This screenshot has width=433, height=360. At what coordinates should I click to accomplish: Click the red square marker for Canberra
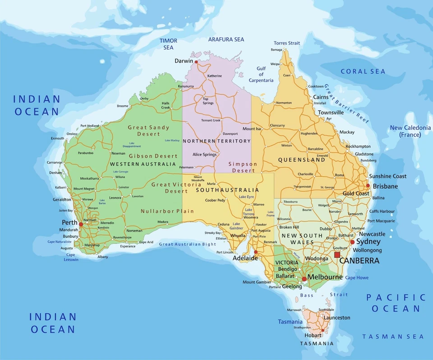click(x=337, y=255)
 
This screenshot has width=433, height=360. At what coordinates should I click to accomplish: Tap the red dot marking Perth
click(x=81, y=224)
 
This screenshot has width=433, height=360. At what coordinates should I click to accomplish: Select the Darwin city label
click(x=184, y=61)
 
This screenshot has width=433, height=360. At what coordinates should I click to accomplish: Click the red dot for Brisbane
click(x=368, y=186)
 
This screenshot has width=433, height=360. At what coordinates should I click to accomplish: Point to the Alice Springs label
click(x=204, y=155)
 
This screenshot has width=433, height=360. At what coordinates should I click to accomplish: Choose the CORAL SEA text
click(x=363, y=71)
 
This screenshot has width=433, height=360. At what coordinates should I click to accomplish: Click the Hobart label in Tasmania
click(x=313, y=335)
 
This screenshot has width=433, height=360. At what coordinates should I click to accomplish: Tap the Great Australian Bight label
click(x=187, y=244)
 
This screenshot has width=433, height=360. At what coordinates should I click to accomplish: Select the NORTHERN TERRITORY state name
click(x=216, y=141)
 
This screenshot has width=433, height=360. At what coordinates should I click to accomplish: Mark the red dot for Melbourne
click(x=304, y=279)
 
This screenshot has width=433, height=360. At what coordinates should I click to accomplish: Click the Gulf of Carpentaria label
click(x=261, y=74)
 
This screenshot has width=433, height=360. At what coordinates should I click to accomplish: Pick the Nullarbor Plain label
click(x=167, y=211)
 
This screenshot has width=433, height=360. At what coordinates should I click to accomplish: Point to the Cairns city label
click(x=321, y=97)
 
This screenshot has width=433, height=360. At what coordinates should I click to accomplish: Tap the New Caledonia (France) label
click(x=410, y=131)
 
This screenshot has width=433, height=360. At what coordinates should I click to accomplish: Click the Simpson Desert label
click(x=243, y=167)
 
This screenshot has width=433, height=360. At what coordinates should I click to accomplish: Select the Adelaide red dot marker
click(x=256, y=252)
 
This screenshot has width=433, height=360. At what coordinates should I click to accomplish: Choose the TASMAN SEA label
click(x=393, y=337)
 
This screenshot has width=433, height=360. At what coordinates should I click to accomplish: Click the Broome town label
click(x=123, y=106)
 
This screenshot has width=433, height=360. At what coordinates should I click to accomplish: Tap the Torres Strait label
click(x=286, y=43)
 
